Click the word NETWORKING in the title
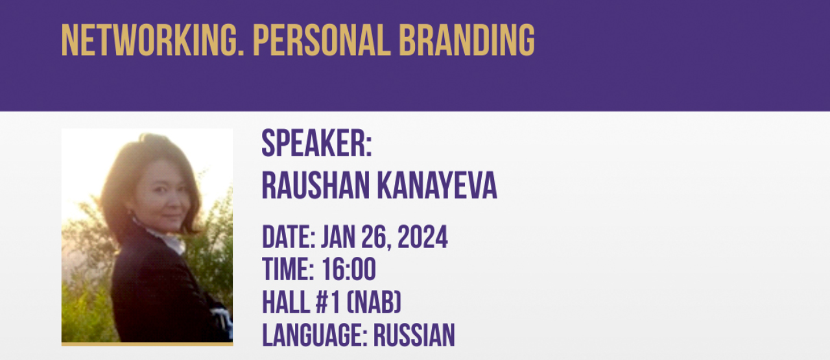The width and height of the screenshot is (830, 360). tap(152, 40)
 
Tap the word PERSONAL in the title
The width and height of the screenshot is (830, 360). tap(322, 40)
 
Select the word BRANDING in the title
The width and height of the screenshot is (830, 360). tap(467, 40)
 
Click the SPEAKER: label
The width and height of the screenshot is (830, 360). tap(317, 143)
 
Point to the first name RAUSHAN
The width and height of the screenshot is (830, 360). tap(316, 186)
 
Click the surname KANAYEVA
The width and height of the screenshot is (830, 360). tap(437, 186)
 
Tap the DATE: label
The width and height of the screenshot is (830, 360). tap(289, 237)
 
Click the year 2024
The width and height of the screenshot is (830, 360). tap(422, 237)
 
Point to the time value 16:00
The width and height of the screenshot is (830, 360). tap(349, 269)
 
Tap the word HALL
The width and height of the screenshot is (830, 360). tap(286, 302)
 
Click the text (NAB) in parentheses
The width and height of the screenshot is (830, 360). tap(374, 302)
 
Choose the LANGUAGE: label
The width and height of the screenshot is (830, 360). tap(315, 335)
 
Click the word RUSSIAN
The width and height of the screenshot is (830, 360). tap(414, 335)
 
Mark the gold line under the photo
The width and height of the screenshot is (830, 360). tap(147, 344)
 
